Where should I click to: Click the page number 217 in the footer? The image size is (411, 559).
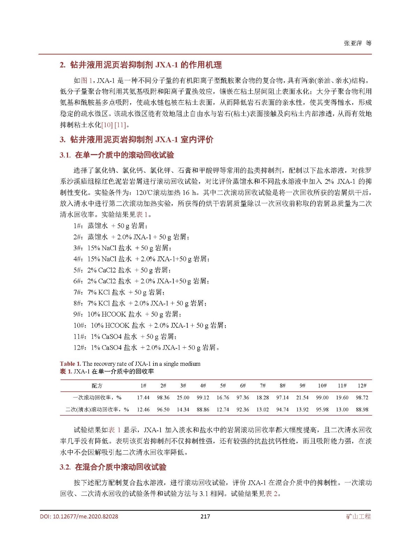[x=205, y=516]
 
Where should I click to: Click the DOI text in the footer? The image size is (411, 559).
[x=79, y=516]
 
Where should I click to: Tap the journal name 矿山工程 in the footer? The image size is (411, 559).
[x=358, y=516]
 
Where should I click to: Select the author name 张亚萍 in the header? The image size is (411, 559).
[x=353, y=43]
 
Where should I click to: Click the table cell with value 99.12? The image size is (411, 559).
[x=203, y=398]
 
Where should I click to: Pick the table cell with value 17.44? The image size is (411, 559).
[x=143, y=398]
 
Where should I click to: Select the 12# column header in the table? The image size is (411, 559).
[x=362, y=386]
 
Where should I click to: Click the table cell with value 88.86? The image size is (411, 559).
[x=203, y=409]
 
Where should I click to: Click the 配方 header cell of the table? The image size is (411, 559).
[x=97, y=386]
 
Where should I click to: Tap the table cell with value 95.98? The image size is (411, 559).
[x=322, y=409]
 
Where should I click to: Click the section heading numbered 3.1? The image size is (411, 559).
[x=117, y=155]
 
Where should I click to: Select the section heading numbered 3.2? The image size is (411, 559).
[x=113, y=467]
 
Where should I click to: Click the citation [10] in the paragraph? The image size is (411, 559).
[x=107, y=125]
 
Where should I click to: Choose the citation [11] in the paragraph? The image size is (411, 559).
[x=120, y=125]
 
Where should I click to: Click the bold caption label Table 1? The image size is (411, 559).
[x=70, y=364]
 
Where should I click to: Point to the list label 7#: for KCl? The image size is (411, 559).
[x=78, y=292]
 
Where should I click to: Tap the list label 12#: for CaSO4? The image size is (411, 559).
[x=80, y=348]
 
